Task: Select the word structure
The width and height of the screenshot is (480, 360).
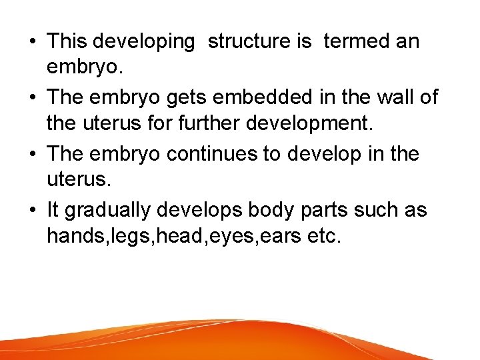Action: click(251, 41)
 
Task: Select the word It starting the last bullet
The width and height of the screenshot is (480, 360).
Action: click(53, 209)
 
